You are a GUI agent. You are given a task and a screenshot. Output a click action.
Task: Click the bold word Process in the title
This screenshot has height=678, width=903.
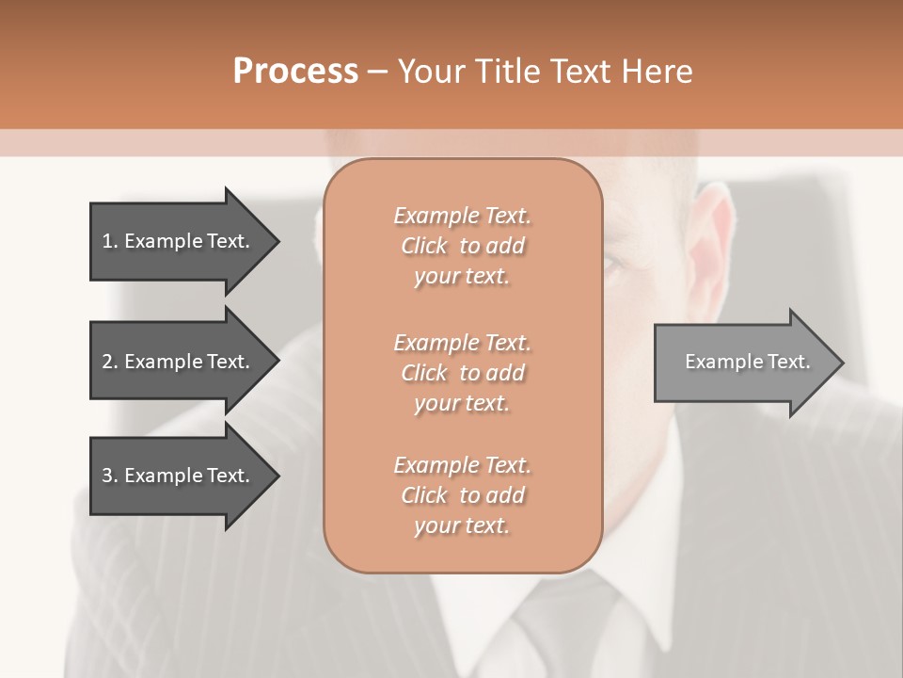coord(295,72)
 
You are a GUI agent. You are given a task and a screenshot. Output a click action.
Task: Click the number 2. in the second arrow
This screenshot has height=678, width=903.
coord(110,362)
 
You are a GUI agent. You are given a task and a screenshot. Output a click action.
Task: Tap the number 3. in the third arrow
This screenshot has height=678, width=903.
coord(110,476)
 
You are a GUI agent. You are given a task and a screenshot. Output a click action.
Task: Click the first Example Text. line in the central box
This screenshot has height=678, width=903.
coord(462,216)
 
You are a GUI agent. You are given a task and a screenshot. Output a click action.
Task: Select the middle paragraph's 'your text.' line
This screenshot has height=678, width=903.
coord(462,403)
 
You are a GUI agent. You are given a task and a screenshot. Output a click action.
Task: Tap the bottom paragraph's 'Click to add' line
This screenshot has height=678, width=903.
coord(462,495)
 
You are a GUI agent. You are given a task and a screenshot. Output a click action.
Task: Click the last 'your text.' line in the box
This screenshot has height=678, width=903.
coord(462,525)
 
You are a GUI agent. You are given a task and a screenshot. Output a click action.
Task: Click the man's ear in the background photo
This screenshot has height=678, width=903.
coord(717,231)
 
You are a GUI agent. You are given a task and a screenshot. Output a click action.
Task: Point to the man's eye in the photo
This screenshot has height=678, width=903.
coord(614,264)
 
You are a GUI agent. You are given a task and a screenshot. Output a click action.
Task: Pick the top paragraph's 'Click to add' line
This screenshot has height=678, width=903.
coord(462,246)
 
